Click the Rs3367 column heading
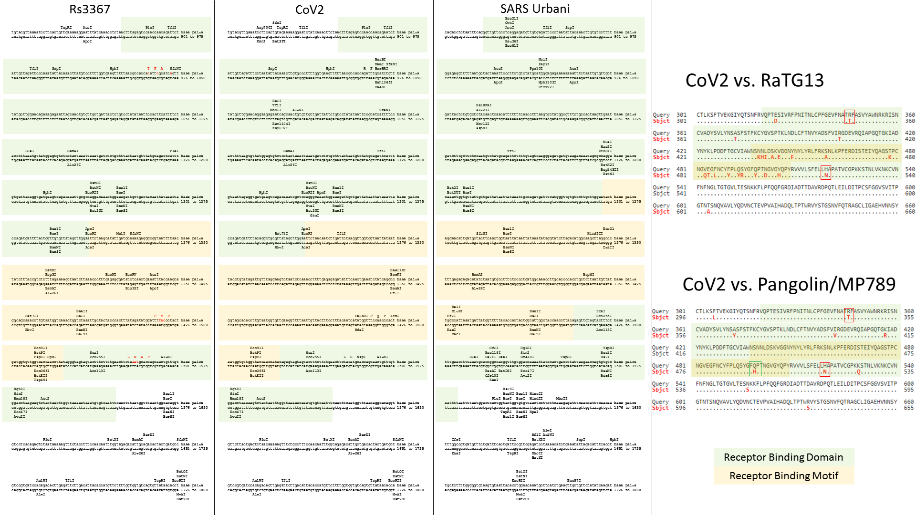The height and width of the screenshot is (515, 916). coord(90,9)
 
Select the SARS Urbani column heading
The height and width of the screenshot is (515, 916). coord(535,9)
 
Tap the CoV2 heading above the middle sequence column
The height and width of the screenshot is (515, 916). coord(309,10)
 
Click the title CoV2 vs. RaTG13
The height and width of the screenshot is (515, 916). coord(754,80)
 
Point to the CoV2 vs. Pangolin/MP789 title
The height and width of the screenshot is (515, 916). coord(789,284)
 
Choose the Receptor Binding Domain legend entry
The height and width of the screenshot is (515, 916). coord(783,457)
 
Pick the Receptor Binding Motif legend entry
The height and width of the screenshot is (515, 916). coord(783,475)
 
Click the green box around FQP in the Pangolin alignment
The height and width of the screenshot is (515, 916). coord(755,369)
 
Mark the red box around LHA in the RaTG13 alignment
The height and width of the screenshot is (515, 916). coord(825,172)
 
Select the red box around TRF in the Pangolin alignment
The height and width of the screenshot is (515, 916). coord(849,314)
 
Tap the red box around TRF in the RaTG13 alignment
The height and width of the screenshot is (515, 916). coord(849,117)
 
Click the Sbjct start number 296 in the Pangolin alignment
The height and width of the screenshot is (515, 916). coord(680,318)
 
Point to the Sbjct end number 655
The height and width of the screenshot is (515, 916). coord(909,408)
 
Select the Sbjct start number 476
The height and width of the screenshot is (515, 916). coord(680,372)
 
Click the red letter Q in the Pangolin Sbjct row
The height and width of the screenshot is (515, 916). coord(858,372)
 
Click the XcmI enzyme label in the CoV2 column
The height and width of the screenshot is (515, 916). coord(395,316)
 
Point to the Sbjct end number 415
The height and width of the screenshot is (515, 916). coord(909,336)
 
